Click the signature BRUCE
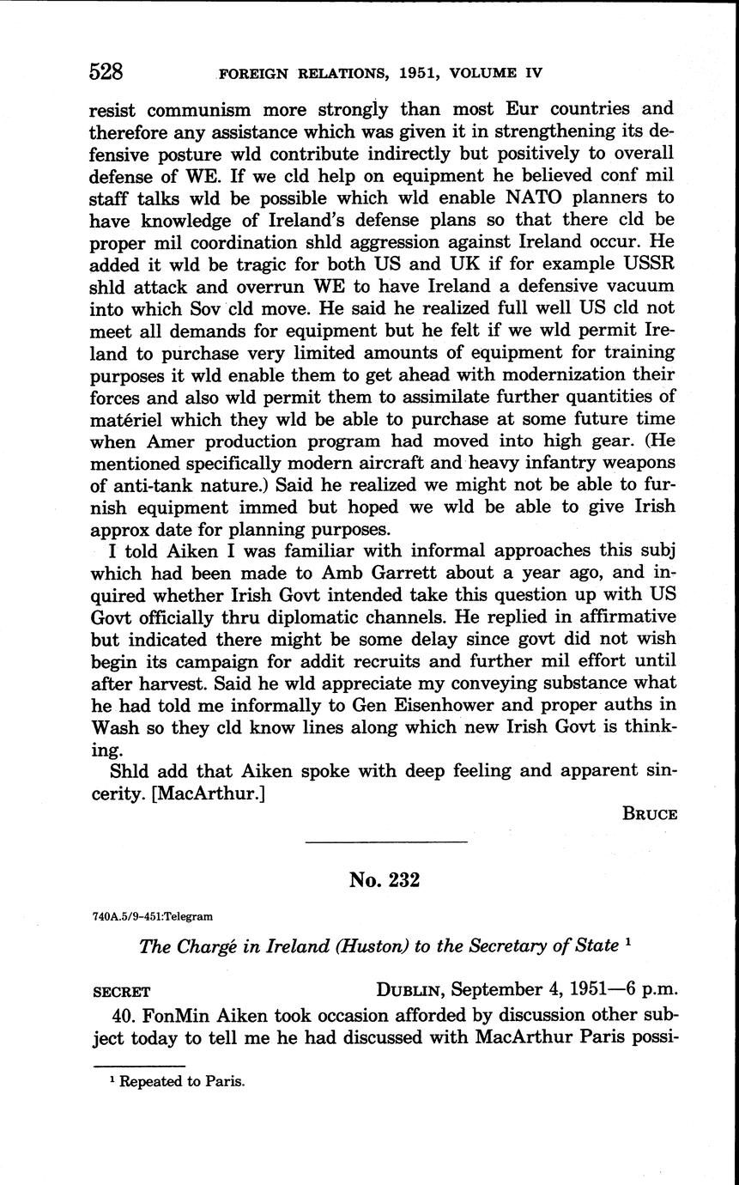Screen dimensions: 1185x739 (650, 815)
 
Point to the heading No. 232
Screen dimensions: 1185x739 (385, 879)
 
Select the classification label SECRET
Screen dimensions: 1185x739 (121, 991)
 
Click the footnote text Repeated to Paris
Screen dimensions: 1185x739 (182, 1082)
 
